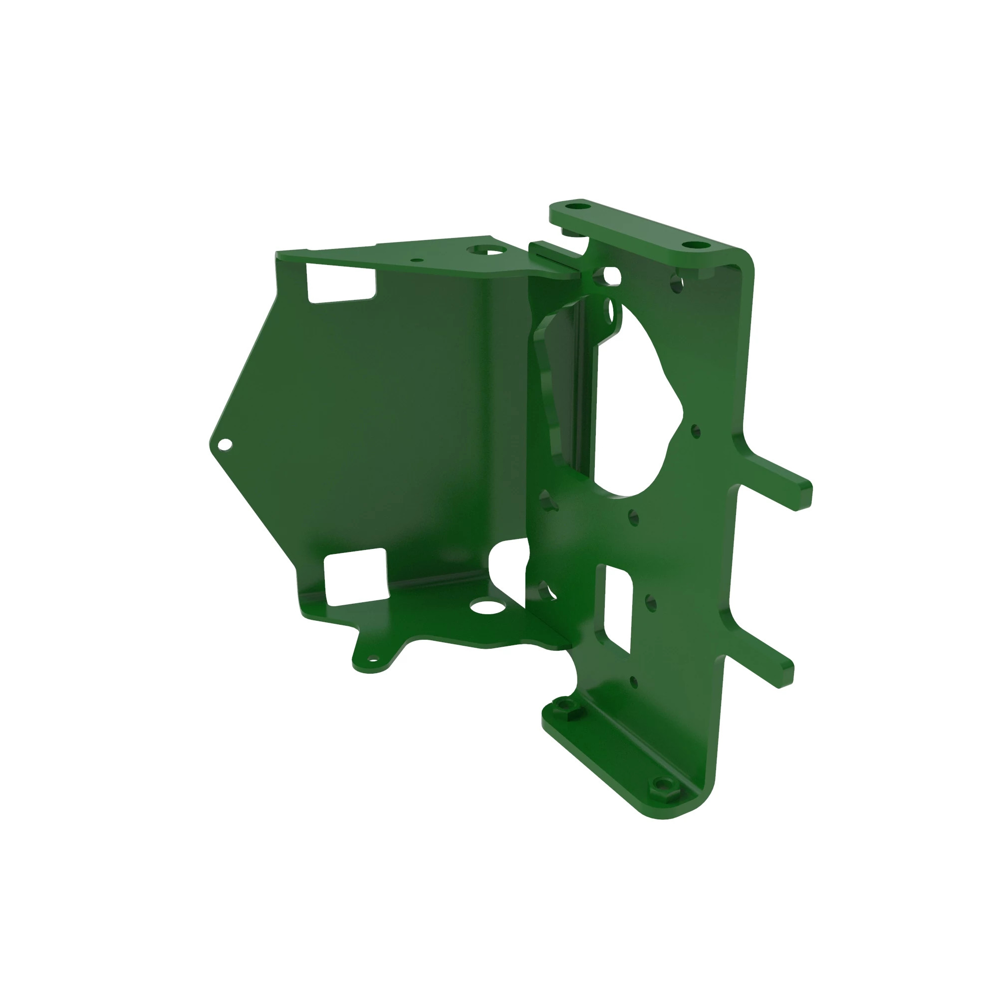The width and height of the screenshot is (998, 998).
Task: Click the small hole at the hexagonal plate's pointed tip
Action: [x=225, y=444]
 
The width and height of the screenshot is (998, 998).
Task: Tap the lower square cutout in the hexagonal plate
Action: [x=355, y=577]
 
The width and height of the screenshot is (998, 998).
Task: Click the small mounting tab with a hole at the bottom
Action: [x=372, y=659]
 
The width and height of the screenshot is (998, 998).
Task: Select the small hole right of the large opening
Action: [x=695, y=431]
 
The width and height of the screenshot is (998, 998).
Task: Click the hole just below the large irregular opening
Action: [x=634, y=517]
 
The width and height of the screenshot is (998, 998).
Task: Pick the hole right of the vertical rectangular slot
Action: [x=650, y=603]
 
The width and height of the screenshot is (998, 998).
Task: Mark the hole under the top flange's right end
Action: [x=676, y=283]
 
